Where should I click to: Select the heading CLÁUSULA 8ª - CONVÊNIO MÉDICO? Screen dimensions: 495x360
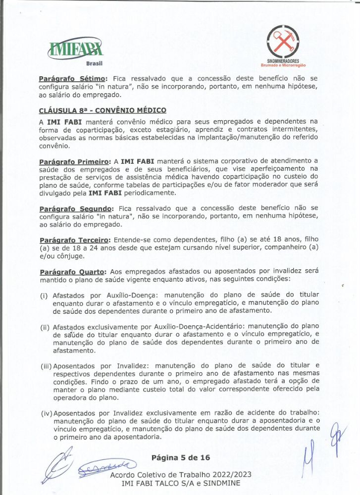(103, 110)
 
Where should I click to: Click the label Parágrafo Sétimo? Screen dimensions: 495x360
(73, 78)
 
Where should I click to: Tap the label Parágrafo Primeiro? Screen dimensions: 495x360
(74, 161)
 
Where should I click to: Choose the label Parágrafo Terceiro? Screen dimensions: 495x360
(76, 240)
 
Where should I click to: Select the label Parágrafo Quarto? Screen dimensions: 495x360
(73, 272)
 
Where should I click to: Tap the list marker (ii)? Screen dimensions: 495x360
(45, 327)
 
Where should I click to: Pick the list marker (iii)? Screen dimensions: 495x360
(46, 367)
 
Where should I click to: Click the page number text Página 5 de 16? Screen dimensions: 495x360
(181, 457)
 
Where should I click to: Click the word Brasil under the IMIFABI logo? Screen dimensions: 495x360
(94, 64)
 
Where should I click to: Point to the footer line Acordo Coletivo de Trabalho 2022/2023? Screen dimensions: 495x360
(181, 474)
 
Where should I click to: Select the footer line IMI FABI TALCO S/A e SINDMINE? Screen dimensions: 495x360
(181, 483)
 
